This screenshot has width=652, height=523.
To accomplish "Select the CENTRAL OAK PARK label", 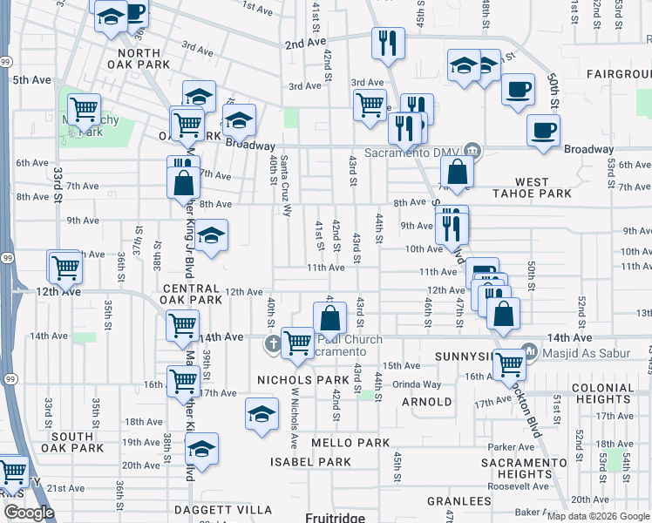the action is click(x=191, y=294).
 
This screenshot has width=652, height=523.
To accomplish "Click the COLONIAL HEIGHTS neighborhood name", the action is click(x=602, y=393).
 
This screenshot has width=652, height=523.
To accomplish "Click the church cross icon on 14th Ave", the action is click(x=273, y=343).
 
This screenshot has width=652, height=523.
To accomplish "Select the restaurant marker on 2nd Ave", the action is click(x=385, y=42).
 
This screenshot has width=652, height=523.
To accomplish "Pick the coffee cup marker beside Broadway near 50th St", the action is click(x=543, y=131).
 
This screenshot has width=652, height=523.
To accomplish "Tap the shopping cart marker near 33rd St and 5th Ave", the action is click(x=84, y=110).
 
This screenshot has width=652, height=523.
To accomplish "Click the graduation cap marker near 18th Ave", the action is click(x=261, y=414).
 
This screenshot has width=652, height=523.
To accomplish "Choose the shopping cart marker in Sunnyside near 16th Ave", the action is click(x=508, y=363).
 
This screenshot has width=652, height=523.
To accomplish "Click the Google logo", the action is click(x=29, y=513).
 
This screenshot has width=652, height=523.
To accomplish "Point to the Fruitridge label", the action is click(x=334, y=517).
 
